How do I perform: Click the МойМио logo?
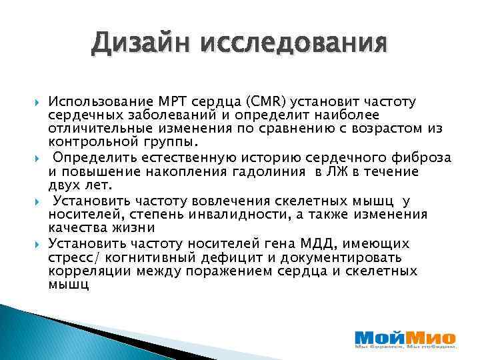(405, 337)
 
